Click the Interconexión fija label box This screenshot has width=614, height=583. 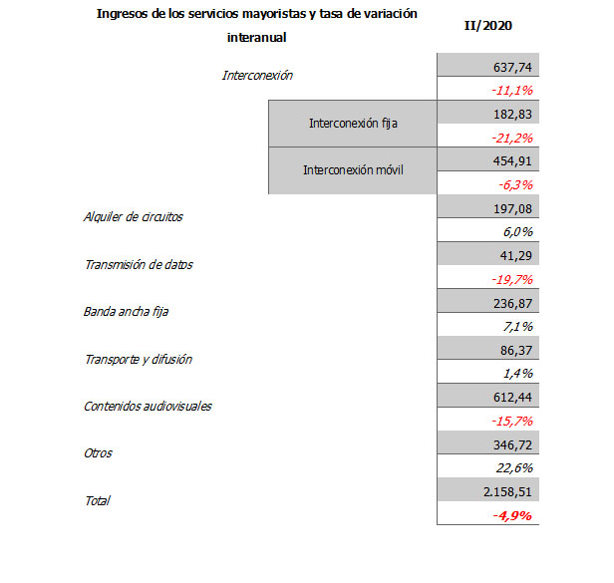click(352, 124)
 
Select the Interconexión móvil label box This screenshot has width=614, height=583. click(352, 170)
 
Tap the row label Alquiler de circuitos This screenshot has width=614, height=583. click(133, 217)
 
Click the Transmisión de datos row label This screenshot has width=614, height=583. click(139, 265)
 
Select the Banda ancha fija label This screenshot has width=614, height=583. click(126, 312)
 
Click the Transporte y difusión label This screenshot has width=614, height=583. click(138, 359)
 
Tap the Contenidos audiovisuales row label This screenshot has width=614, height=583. click(148, 406)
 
